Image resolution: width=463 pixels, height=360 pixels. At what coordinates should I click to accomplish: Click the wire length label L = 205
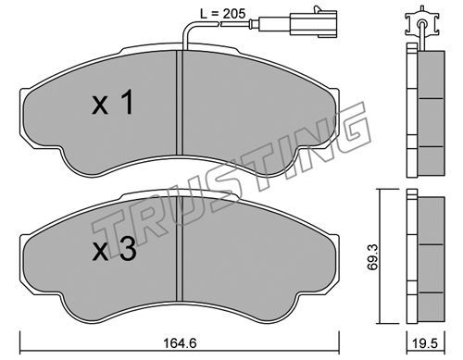[223, 14]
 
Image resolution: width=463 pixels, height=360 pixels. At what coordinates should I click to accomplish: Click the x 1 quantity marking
[113, 103]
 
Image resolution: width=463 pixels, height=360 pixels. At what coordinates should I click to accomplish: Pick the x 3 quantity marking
[114, 249]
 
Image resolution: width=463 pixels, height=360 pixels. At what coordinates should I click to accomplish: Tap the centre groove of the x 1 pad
[180, 103]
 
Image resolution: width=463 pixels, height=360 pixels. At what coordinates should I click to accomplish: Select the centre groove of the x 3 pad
[180, 249]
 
